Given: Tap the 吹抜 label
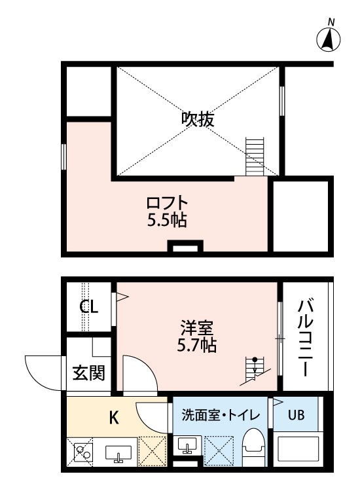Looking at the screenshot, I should pos(198,119).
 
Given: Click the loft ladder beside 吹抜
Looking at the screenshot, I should pos(254,156).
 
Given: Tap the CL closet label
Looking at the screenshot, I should pos(90,307).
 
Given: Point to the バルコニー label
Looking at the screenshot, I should pos(305,337).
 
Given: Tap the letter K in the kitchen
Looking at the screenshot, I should pos(113,417).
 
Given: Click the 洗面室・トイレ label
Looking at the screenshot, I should pos(220,415).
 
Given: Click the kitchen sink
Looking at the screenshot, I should pos(120,452).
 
